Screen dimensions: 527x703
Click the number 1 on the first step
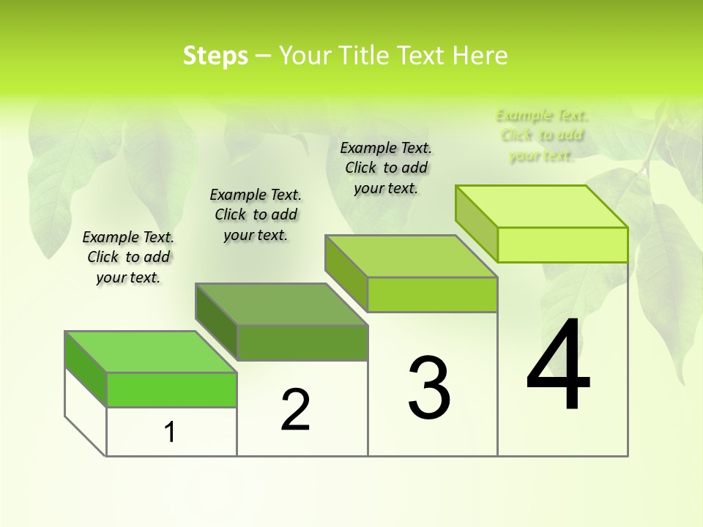(x=170, y=432)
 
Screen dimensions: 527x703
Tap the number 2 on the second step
(x=295, y=410)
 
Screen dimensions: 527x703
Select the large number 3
(x=429, y=388)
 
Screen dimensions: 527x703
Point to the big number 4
(x=558, y=366)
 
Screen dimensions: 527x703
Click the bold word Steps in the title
(x=215, y=56)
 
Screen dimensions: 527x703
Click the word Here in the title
(x=480, y=56)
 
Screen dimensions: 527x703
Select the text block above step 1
(x=128, y=257)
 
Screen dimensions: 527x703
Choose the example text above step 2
(x=256, y=214)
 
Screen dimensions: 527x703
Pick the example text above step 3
(x=386, y=168)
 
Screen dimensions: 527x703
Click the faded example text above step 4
(x=542, y=135)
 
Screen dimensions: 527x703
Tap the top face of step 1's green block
(x=150, y=351)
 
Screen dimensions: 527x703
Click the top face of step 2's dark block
(x=281, y=304)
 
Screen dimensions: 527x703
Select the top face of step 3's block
(x=412, y=256)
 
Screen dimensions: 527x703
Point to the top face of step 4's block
(x=542, y=206)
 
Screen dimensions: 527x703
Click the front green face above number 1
(x=171, y=389)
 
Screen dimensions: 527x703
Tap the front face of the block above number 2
(x=302, y=343)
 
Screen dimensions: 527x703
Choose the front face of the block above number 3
(x=432, y=294)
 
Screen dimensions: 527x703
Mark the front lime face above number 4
(x=562, y=244)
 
